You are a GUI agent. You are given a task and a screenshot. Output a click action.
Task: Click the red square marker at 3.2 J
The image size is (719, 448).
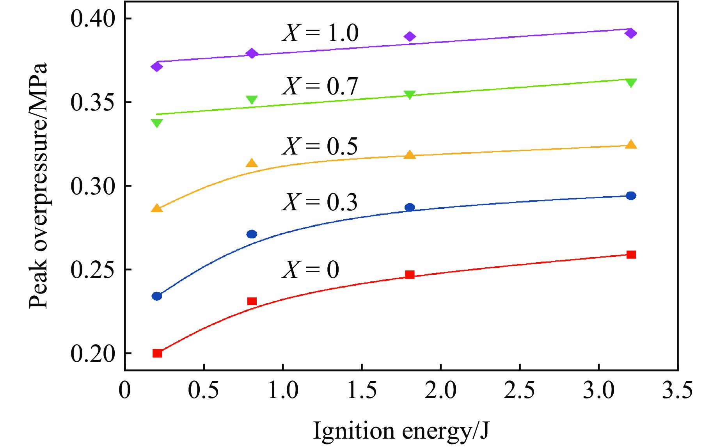(x=631, y=255)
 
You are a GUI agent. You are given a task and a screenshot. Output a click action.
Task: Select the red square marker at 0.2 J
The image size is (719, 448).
(x=157, y=353)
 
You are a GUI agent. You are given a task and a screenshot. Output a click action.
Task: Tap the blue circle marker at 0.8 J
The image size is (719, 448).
(x=252, y=234)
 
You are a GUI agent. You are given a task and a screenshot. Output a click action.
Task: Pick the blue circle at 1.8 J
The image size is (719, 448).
(x=410, y=207)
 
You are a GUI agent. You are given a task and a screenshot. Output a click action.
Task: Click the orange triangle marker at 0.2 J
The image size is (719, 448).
(x=157, y=208)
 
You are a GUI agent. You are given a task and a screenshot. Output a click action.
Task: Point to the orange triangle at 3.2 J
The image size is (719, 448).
(x=631, y=145)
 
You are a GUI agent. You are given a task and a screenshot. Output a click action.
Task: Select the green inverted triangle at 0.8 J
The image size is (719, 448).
(x=252, y=100)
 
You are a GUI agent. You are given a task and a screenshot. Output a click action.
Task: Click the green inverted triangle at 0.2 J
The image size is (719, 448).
(x=157, y=123)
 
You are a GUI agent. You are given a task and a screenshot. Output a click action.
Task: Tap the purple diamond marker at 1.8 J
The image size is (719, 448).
(x=410, y=37)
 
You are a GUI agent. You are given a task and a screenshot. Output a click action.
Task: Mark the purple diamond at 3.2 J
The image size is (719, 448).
(x=631, y=33)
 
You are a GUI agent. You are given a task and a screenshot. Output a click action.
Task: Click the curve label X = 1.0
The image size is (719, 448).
(x=320, y=33)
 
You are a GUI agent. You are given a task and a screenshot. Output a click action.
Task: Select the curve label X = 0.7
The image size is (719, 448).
(x=320, y=86)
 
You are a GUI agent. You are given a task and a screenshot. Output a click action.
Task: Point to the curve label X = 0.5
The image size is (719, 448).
(x=320, y=147)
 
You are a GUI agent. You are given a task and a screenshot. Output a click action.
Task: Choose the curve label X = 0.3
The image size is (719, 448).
(x=320, y=202)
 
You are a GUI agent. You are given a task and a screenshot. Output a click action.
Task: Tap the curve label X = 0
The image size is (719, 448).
(x=311, y=270)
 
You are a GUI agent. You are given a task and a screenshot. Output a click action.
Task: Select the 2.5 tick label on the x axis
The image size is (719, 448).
(x=520, y=391)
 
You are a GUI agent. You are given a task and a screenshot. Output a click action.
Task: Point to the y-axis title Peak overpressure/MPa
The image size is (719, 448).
(x=39, y=185)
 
